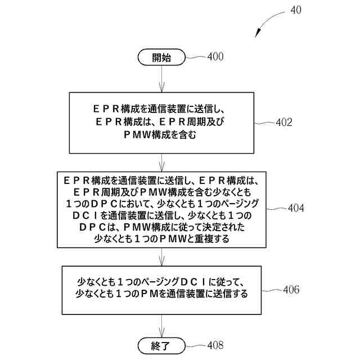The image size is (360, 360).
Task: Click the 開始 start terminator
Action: pos(161,57)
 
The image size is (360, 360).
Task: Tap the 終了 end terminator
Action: pos(161,345)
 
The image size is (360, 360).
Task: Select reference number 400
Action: pos(215,56)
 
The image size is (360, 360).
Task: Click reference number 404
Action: pos(295,208)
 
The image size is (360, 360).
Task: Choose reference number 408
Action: pos(215,345)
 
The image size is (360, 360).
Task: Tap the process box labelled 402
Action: pos(161,121)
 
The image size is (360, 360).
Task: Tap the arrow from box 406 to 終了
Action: pos(161,325)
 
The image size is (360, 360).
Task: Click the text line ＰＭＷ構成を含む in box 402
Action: pos(161,135)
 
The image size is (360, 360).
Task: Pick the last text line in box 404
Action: pos(161,239)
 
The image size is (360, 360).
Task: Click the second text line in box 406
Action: pos(161,294)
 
